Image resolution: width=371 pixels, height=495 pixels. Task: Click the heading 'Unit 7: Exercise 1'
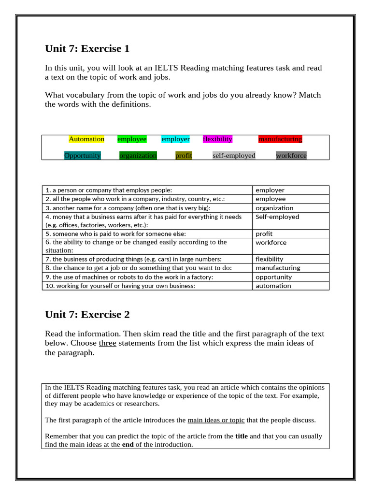(x=87, y=49)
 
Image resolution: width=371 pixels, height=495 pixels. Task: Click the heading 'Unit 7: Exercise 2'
(x=87, y=315)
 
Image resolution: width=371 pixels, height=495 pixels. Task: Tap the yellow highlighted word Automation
(x=86, y=139)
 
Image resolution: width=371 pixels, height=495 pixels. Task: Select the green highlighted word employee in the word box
(x=132, y=139)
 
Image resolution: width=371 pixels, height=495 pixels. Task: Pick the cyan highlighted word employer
(x=175, y=139)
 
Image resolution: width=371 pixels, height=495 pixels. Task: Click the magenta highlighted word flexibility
(x=217, y=139)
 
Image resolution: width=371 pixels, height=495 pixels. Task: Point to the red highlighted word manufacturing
(x=280, y=139)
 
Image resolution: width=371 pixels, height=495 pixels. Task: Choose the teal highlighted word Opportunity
(x=83, y=156)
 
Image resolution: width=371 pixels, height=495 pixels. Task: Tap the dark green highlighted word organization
(x=138, y=156)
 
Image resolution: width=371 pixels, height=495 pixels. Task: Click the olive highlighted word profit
(x=184, y=156)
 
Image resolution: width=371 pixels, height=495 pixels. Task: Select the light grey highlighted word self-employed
(x=234, y=156)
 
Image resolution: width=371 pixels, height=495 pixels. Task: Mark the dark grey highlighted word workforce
(x=291, y=156)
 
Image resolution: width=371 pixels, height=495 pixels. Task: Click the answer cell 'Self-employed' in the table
(x=277, y=217)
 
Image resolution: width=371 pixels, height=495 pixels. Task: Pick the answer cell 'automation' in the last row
(x=273, y=286)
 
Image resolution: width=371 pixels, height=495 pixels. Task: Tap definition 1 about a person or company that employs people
(x=109, y=190)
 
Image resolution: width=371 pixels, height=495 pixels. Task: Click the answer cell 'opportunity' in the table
(x=273, y=277)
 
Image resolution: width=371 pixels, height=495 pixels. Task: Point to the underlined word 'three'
(x=107, y=343)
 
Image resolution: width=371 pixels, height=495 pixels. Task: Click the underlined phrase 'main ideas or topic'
(x=216, y=420)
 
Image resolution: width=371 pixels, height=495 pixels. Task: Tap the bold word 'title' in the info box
(x=242, y=436)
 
